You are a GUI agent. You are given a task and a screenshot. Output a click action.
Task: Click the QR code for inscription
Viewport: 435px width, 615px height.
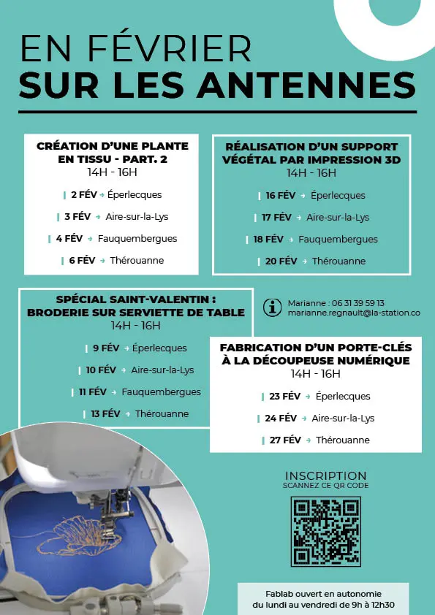pyautogui.click(x=325, y=531)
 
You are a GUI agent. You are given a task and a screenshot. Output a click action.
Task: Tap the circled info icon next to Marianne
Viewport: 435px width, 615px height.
pyautogui.click(x=272, y=307)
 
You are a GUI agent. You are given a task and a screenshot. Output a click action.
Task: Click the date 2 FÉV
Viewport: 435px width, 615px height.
pyautogui.click(x=83, y=195)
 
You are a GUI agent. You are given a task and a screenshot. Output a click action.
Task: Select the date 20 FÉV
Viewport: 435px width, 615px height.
pyautogui.click(x=281, y=261)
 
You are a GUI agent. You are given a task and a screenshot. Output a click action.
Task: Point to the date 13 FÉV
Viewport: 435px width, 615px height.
pyautogui.click(x=106, y=413)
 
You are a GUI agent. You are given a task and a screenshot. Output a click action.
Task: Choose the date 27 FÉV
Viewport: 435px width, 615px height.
pyautogui.click(x=285, y=440)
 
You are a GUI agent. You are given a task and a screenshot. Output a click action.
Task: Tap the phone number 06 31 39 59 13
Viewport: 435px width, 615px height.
pyautogui.click(x=358, y=302)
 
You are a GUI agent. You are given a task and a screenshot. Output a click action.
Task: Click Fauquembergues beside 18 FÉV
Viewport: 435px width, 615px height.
pyautogui.click(x=338, y=239)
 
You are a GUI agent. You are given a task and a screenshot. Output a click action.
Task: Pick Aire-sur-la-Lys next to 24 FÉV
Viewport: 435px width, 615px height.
pyautogui.click(x=343, y=419)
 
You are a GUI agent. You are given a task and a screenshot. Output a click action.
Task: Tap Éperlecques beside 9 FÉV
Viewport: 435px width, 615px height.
pyautogui.click(x=159, y=348)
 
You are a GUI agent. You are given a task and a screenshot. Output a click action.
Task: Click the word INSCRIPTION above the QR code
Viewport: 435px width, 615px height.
pyautogui.click(x=325, y=475)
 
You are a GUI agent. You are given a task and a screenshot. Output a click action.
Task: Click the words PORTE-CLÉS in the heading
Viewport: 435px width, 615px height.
pyautogui.click(x=366, y=347)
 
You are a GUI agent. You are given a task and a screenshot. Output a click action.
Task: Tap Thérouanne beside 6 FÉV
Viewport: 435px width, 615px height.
pyautogui.click(x=137, y=260)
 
